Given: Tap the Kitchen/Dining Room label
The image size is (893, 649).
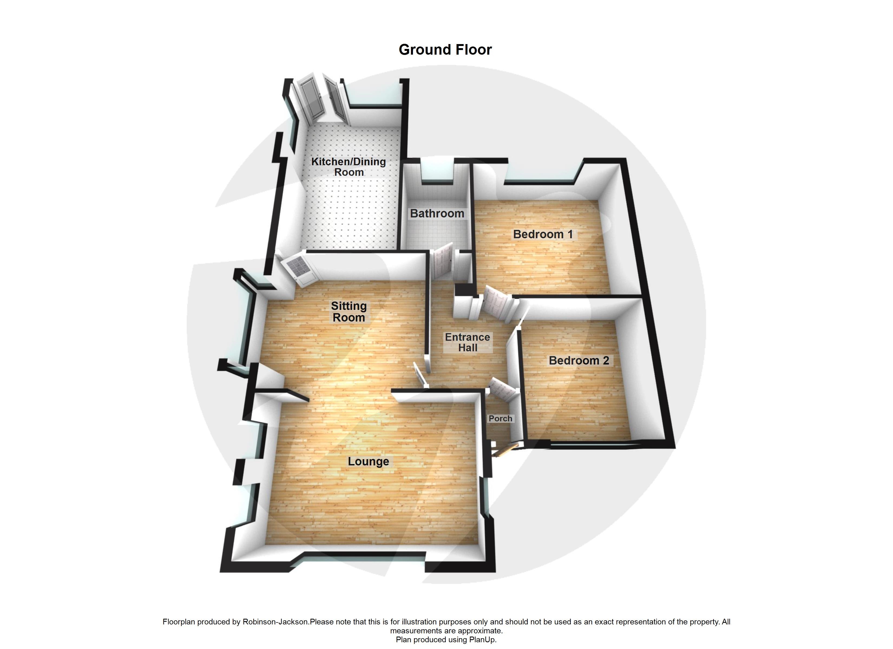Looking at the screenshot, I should point(349,167).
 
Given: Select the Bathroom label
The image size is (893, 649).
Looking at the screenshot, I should point(437,213).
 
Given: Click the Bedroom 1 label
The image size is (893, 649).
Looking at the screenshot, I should point(543,234).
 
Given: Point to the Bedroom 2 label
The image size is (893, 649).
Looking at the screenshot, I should point(579,360).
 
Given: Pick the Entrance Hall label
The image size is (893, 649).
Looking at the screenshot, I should point(467,342).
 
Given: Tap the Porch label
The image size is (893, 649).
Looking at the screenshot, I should point(500,418).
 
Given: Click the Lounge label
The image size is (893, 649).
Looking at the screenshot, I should point(368,461).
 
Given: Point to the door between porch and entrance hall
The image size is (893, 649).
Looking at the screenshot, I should point(501,388).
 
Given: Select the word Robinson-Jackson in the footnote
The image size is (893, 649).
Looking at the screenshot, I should point(276,622).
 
